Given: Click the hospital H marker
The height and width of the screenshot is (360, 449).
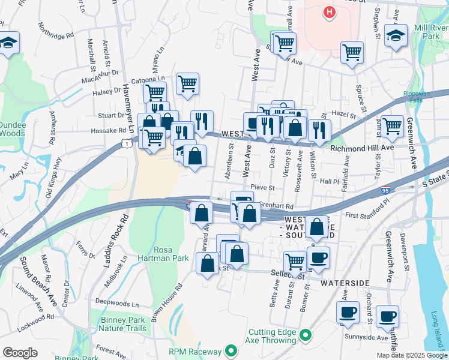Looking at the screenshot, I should (328, 11).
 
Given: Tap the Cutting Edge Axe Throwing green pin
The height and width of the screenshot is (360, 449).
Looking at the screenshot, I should (306, 335).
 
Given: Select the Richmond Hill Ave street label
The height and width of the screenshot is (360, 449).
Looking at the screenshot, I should (361, 146).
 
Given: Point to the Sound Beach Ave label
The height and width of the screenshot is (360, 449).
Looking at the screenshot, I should (38, 282).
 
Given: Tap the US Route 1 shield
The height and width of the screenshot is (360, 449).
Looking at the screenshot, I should (127, 143).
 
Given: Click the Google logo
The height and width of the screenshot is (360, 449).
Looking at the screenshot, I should (20, 353).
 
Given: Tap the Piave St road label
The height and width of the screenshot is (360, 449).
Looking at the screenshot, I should (262, 188).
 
